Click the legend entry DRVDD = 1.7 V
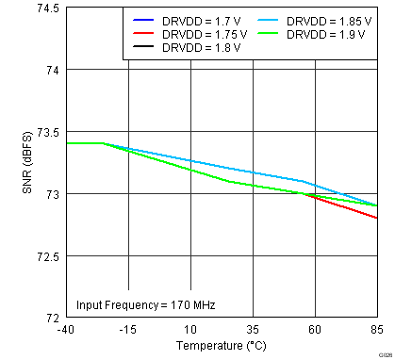click(204, 20)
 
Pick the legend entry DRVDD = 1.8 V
click(204, 46)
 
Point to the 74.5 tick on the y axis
click(46, 8)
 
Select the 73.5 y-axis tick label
click(46, 132)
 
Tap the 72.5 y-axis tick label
click(46, 256)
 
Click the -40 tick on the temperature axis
click(65, 330)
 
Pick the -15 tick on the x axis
click(127, 330)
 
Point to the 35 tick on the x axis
click(253, 330)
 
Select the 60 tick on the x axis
click(315, 330)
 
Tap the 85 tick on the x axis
click(376, 330)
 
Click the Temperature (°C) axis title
click(221, 346)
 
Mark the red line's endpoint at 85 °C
click(377, 218)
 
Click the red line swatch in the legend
click(143, 33)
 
